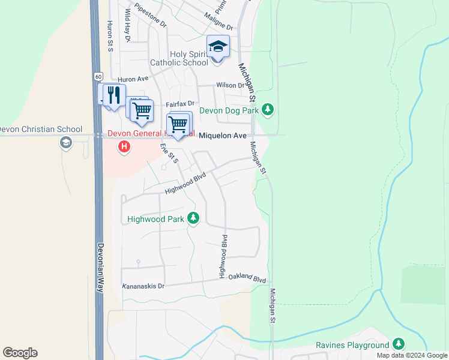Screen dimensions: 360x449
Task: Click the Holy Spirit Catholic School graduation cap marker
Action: click(218, 47)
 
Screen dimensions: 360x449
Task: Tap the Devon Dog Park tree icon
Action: click(268, 110)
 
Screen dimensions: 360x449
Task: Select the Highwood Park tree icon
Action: click(193, 218)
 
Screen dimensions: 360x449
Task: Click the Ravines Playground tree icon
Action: click(399, 344)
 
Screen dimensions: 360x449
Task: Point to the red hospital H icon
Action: click(124, 146)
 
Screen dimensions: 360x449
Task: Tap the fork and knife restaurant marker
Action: click(113, 95)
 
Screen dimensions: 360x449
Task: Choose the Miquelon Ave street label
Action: click(223, 136)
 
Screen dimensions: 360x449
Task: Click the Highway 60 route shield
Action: click(97, 76)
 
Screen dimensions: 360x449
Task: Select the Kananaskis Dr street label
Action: click(143, 287)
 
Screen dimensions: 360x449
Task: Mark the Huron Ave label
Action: click(133, 79)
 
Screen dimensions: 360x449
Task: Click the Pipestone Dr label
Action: click(150, 16)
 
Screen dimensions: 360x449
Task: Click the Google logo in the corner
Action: click(20, 353)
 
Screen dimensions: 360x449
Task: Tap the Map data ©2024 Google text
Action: click(412, 355)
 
